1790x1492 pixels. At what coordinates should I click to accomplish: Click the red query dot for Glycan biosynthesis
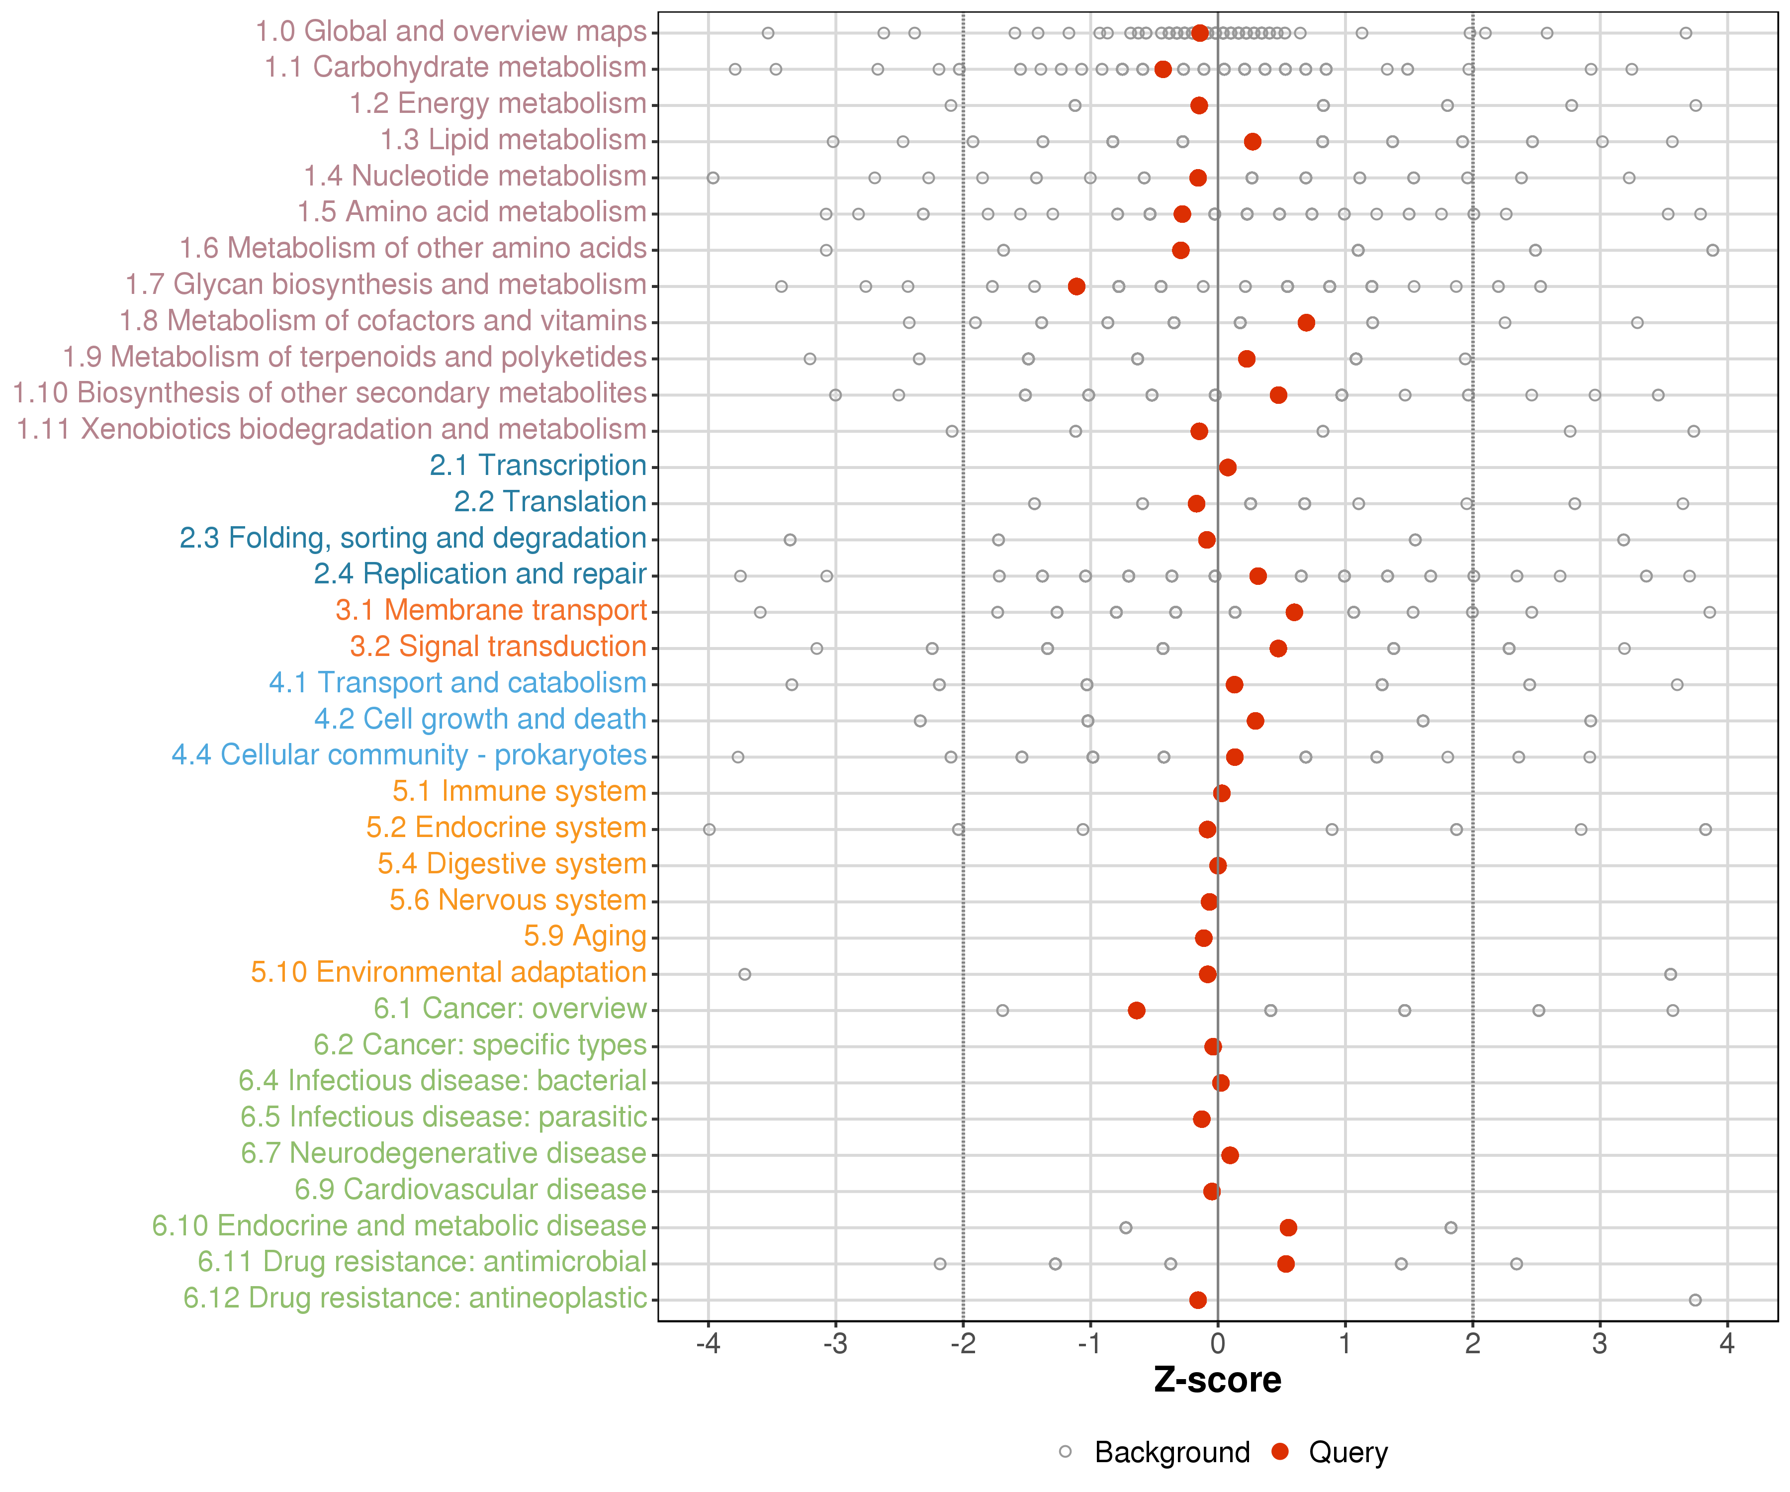tap(1076, 286)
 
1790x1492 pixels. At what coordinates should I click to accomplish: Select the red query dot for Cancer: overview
tap(1136, 1010)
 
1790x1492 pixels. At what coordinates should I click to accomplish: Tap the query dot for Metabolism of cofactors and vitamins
tap(1306, 322)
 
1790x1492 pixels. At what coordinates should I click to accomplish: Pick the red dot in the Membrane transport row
tap(1294, 612)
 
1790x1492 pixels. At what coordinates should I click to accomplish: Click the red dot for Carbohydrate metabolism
tap(1163, 69)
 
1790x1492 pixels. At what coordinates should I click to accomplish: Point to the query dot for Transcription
tap(1228, 467)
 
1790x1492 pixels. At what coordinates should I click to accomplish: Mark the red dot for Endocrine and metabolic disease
tap(1288, 1228)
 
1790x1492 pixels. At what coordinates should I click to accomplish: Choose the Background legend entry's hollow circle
tap(1066, 1452)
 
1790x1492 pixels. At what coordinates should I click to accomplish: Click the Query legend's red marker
tap(1279, 1452)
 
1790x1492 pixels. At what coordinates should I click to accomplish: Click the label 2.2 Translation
tap(550, 502)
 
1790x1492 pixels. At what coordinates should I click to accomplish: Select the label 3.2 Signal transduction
tap(498, 647)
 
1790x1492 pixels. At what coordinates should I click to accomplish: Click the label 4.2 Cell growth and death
tap(480, 720)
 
